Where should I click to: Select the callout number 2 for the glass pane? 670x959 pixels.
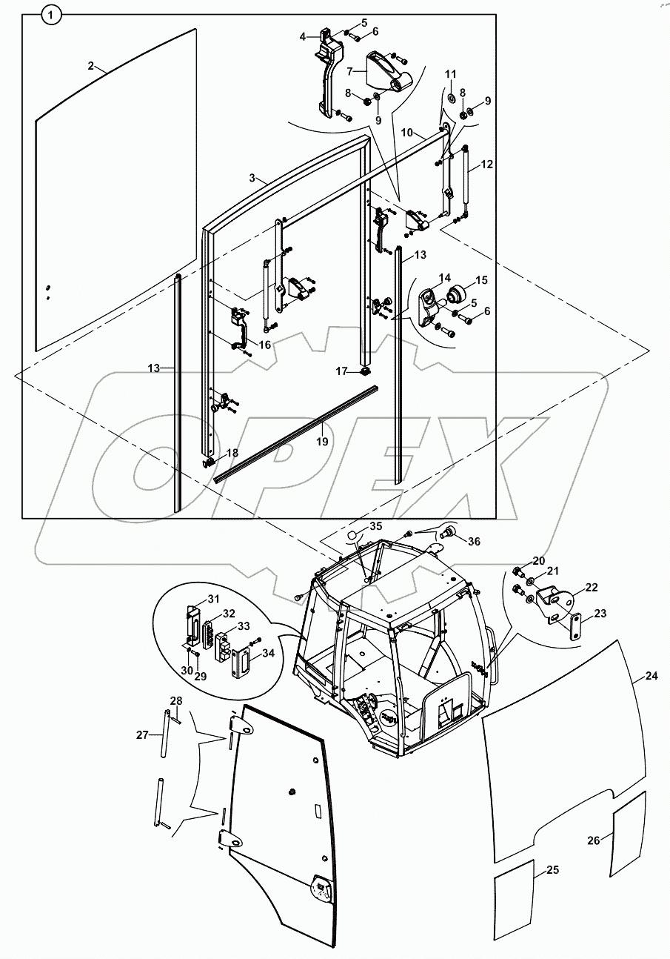click(90, 66)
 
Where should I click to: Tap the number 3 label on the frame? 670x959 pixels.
click(252, 178)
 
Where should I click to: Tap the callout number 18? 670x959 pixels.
click(232, 453)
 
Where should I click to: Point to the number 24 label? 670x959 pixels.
click(651, 676)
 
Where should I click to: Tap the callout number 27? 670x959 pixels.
click(143, 734)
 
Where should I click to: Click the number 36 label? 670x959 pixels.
click(474, 541)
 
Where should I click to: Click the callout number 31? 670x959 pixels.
click(212, 599)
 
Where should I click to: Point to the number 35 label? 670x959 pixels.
click(376, 526)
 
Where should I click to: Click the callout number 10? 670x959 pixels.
click(407, 132)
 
